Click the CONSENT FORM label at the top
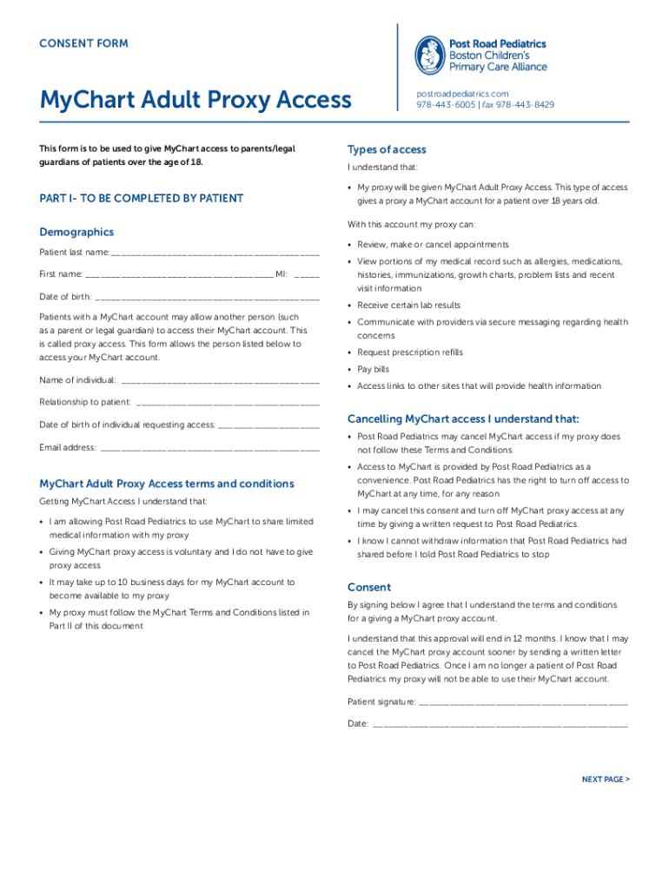click(83, 43)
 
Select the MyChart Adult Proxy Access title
click(195, 101)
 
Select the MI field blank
click(307, 273)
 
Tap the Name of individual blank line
click(220, 379)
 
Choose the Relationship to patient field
click(228, 402)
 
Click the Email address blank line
click(209, 447)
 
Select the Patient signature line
click(523, 701)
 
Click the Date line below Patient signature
click(500, 723)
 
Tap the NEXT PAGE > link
click(606, 780)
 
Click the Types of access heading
click(387, 148)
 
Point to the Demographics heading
click(76, 232)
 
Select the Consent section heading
click(369, 587)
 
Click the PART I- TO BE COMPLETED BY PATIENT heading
click(142, 199)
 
